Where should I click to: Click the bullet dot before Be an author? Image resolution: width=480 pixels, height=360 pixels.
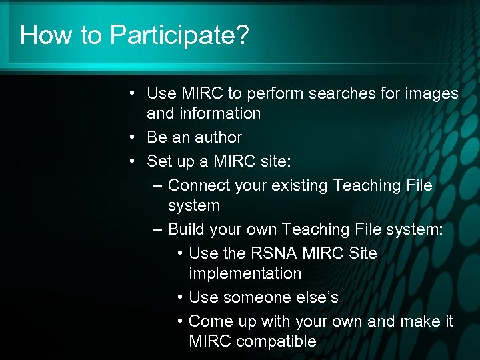tap(134, 138)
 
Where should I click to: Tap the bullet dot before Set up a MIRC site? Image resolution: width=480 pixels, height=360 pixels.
tap(134, 162)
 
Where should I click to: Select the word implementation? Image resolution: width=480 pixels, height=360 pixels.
tap(245, 274)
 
